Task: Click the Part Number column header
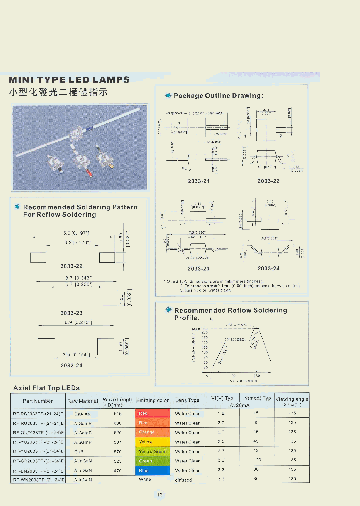click(x=38, y=401)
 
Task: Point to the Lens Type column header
click(x=187, y=400)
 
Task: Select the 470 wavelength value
click(x=118, y=470)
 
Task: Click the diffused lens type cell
click(x=183, y=480)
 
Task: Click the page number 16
click(x=160, y=495)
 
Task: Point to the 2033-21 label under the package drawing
click(x=199, y=181)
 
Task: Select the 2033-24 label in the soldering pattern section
click(x=72, y=365)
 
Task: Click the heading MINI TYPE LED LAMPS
click(x=69, y=80)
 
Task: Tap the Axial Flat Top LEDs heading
click(x=46, y=388)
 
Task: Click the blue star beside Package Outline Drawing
click(x=168, y=95)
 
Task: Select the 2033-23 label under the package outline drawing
click(x=199, y=268)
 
